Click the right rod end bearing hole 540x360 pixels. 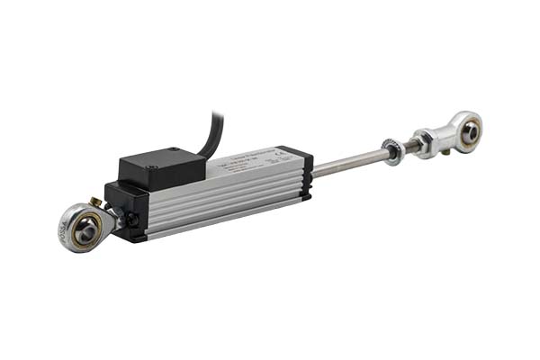(x=470, y=131)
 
